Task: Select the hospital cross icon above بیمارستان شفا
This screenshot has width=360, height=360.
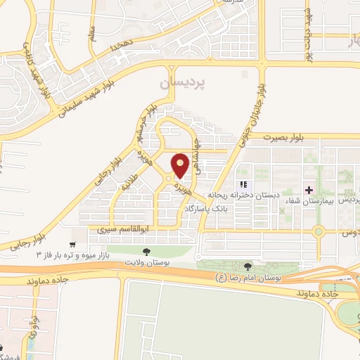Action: [x=308, y=190]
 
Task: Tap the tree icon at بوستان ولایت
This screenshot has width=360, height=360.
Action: [x=146, y=251]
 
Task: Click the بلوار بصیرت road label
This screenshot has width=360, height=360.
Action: [x=284, y=139]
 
